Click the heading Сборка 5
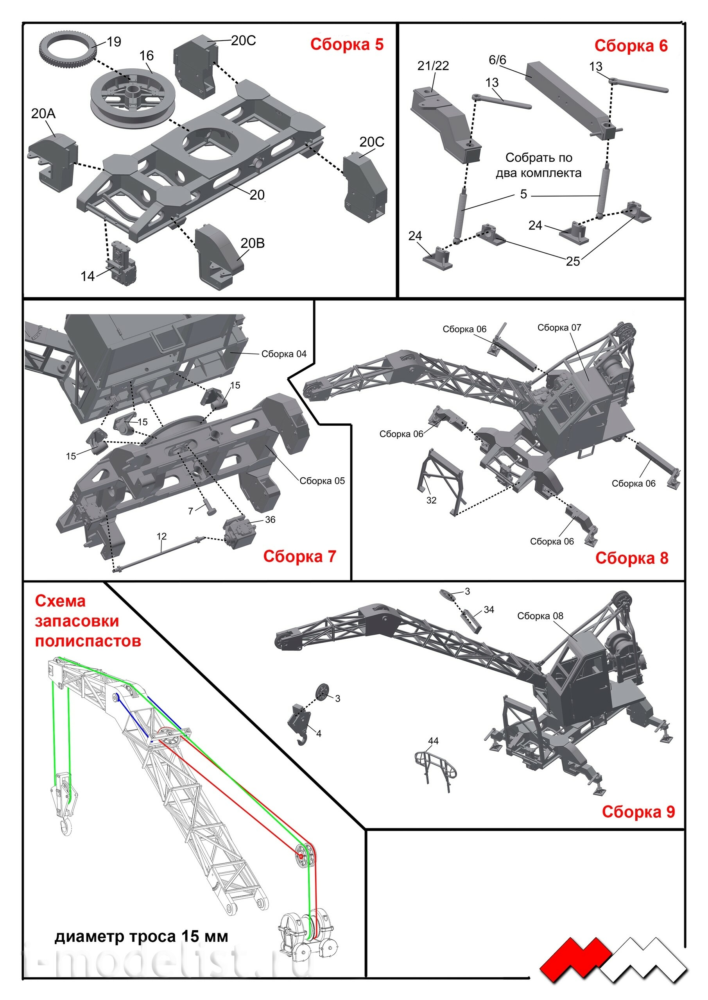pos(347,45)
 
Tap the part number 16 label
pos(147,56)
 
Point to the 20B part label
pos(253,243)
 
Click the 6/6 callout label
pos(497,60)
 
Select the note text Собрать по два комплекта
pos(539,165)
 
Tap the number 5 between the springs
pos(523,194)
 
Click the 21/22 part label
pos(433,66)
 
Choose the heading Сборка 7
pos(299,556)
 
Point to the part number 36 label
pos(270,520)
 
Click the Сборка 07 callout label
pos(559,327)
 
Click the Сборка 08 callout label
pos(540,616)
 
